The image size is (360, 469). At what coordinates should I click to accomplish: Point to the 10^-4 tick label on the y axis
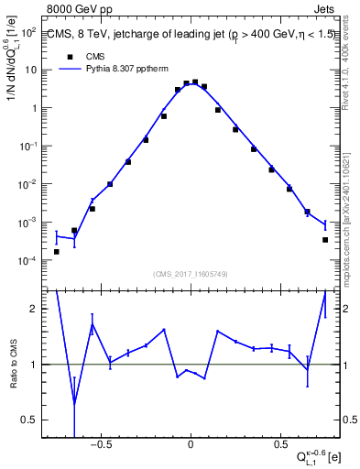click(27, 261)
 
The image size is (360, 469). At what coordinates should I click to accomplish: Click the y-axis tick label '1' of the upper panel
click(34, 108)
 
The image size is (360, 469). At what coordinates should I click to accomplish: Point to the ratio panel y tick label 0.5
click(29, 420)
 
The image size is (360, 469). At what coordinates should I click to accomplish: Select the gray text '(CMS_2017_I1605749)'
click(190, 274)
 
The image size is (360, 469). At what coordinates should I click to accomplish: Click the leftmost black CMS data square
click(57, 251)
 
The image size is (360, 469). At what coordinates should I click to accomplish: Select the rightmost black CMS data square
click(324, 240)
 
